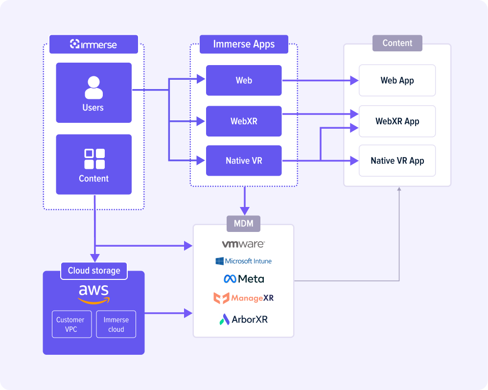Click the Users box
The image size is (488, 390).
click(93, 93)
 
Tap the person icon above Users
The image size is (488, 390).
click(93, 88)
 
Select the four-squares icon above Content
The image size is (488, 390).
click(94, 159)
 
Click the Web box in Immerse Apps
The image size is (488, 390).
click(244, 80)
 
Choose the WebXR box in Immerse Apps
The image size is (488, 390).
click(244, 121)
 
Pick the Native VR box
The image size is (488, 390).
click(244, 161)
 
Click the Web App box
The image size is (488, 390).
click(397, 80)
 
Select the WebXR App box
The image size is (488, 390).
click(397, 121)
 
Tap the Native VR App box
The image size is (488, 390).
click(397, 161)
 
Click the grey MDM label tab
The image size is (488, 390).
click(243, 224)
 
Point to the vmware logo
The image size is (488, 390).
click(243, 244)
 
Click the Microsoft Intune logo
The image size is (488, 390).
click(243, 261)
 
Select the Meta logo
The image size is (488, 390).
click(244, 279)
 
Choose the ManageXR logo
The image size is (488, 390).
click(243, 298)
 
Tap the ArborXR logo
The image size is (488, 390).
click(243, 320)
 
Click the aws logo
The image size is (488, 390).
click(93, 294)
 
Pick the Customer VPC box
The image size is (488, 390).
click(72, 324)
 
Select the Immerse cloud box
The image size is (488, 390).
click(116, 324)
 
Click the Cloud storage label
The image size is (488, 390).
click(94, 271)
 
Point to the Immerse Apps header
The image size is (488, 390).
click(244, 44)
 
